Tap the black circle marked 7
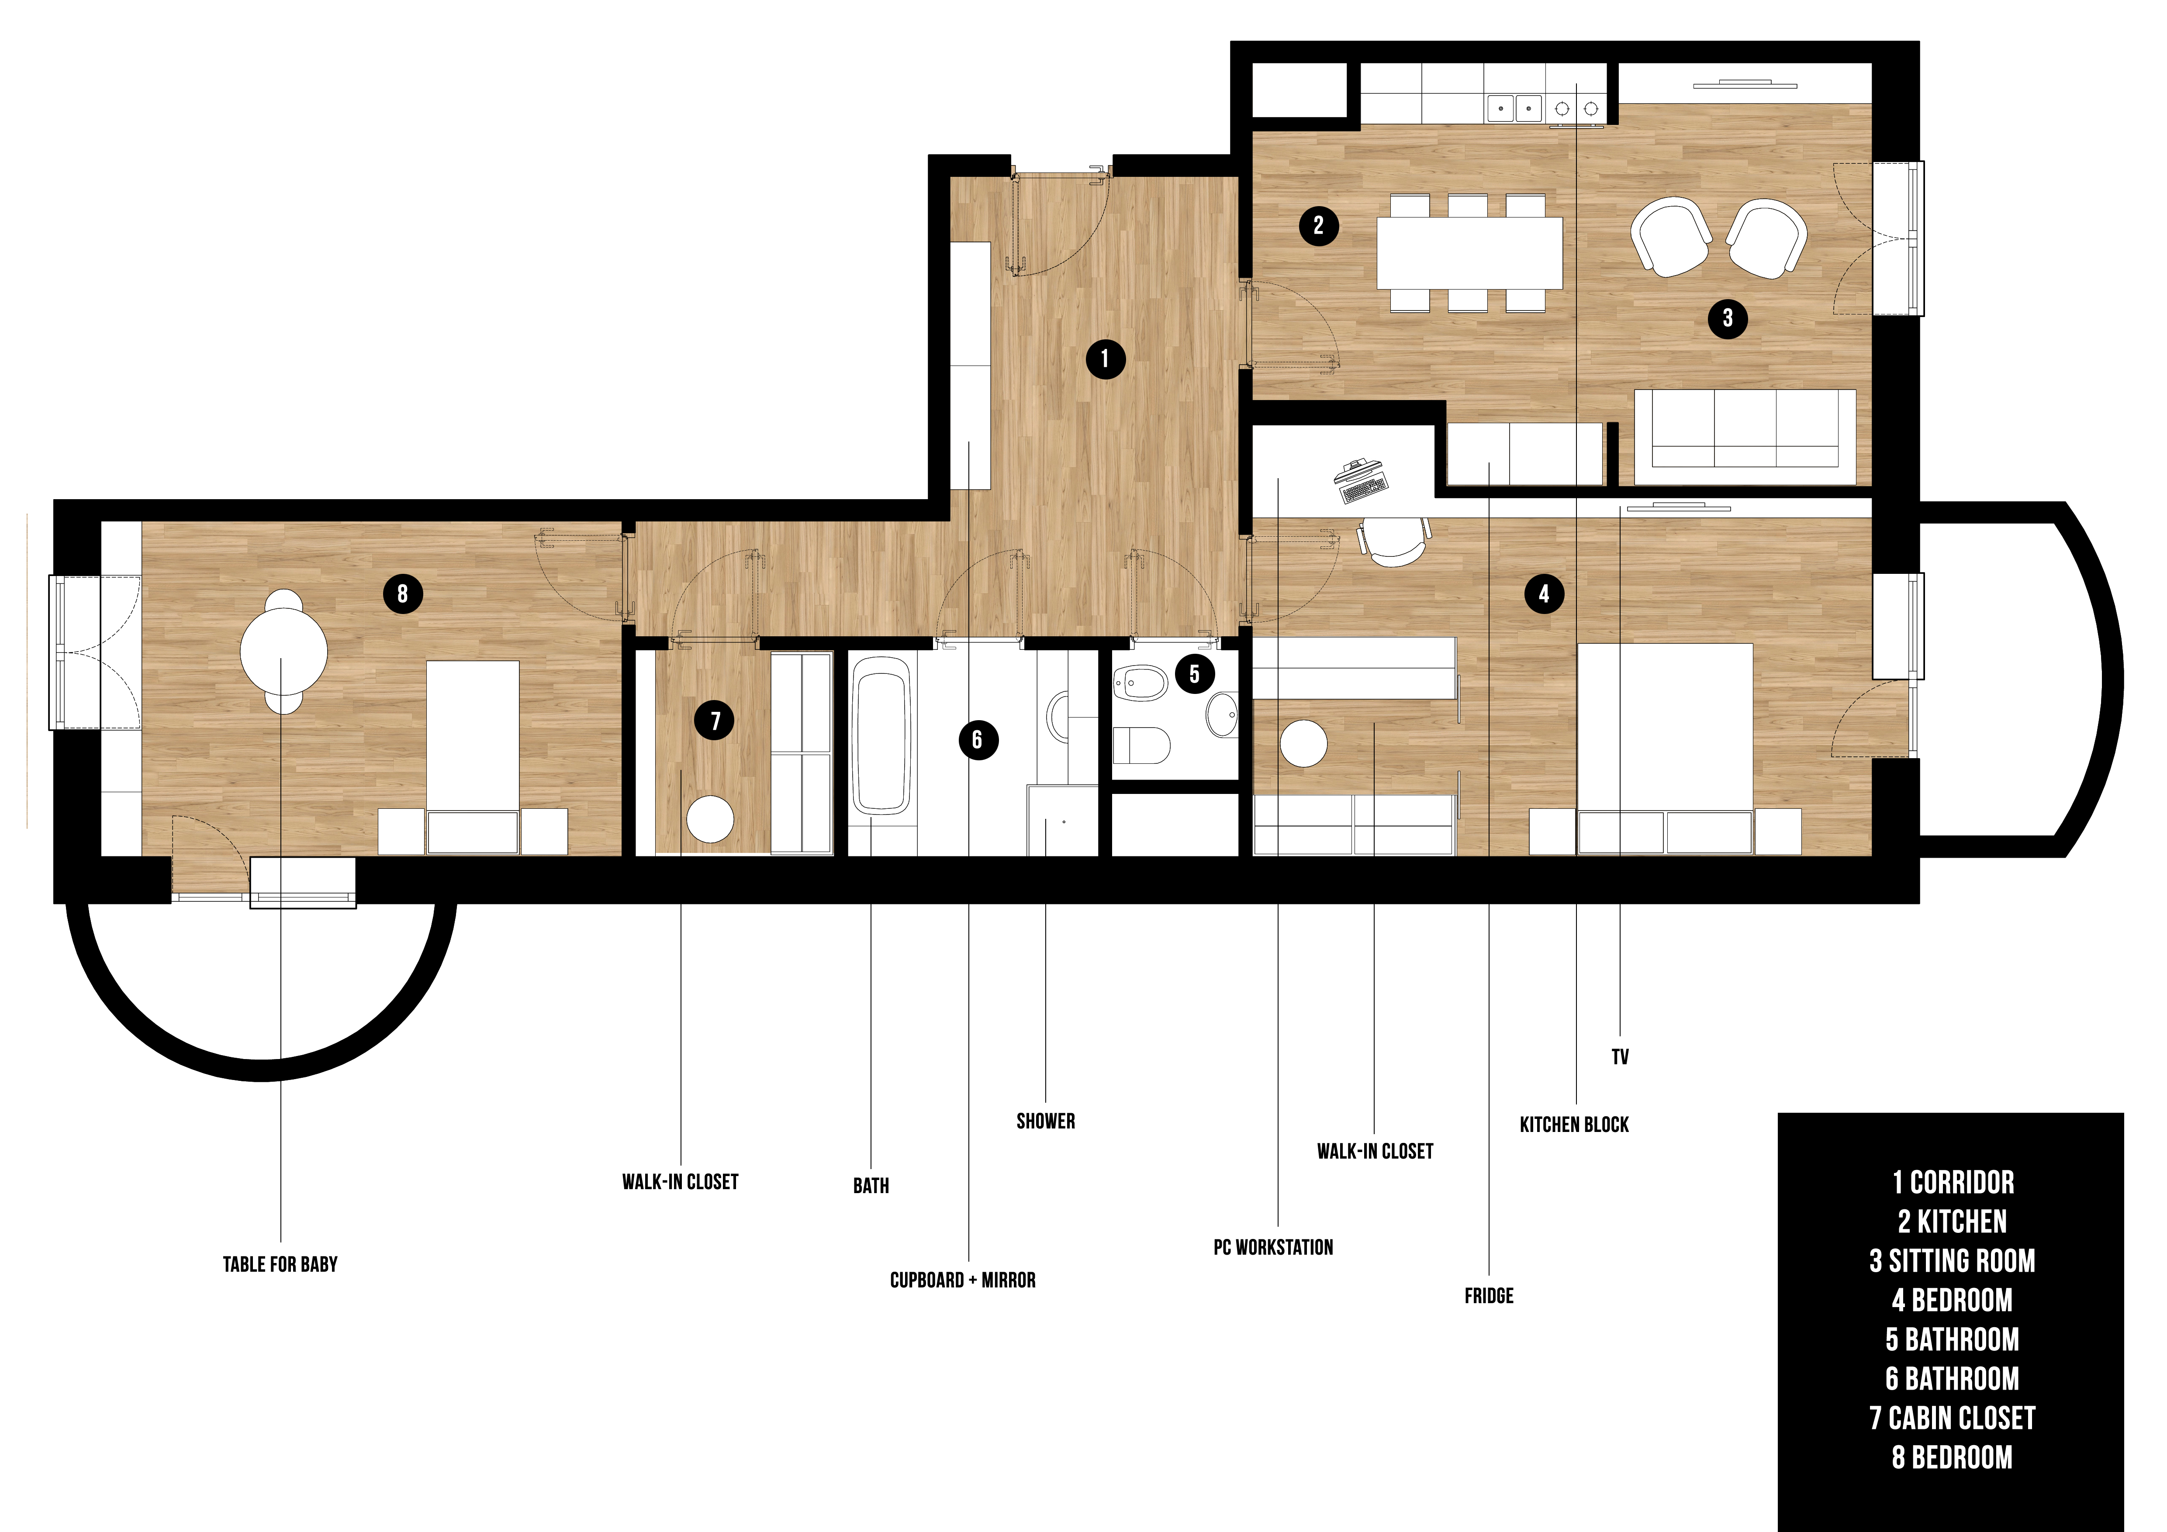click(x=715, y=721)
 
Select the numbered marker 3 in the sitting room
click(x=1727, y=318)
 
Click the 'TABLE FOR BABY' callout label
click(x=280, y=1264)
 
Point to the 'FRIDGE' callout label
click(x=1488, y=1296)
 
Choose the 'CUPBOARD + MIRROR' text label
click(x=963, y=1280)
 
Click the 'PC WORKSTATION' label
click(x=1273, y=1247)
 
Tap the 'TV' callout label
click(x=1620, y=1056)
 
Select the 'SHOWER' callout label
click(x=1046, y=1121)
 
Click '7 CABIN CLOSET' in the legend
click(x=1952, y=1418)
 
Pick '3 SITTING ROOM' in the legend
click(x=1952, y=1261)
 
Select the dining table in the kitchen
click(x=1469, y=253)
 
